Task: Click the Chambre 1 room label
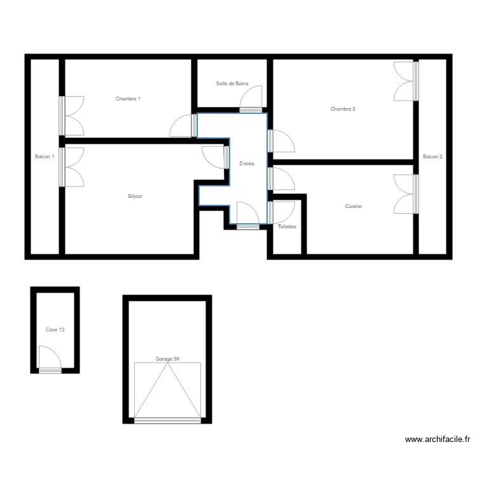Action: [x=128, y=99]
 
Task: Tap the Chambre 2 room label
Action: [x=343, y=109]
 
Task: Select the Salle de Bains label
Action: [x=232, y=83]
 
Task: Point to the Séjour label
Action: [x=135, y=196]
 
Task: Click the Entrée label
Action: [x=247, y=163]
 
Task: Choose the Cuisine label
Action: [x=354, y=206]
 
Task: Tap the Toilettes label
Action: [x=287, y=226]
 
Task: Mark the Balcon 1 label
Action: [x=45, y=156]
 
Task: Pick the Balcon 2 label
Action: [x=432, y=156]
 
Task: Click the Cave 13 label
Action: [x=55, y=329]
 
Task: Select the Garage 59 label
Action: [x=167, y=359]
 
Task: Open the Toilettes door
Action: [x=280, y=212]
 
